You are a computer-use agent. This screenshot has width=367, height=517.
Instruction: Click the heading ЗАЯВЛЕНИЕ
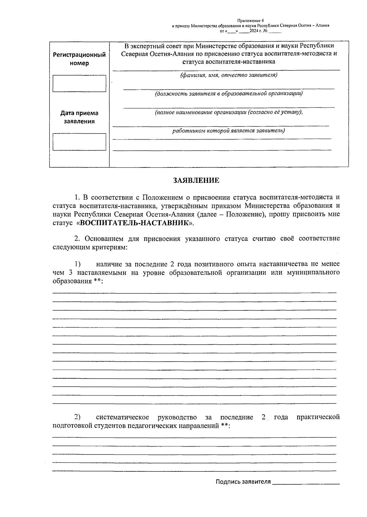tap(196, 181)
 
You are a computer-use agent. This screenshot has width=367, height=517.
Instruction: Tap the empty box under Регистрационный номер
tap(79, 84)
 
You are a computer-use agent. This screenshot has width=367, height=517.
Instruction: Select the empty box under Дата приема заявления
tap(79, 142)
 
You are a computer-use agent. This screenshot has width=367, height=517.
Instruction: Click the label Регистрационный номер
tap(79, 59)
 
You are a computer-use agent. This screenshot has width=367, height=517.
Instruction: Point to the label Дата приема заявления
tap(79, 117)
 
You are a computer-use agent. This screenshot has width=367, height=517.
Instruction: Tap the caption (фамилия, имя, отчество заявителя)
tap(229, 75)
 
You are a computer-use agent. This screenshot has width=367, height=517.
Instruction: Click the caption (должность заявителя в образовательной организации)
tap(229, 94)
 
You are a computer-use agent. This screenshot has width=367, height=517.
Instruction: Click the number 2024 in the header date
tap(254, 31)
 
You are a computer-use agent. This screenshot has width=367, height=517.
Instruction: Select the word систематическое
tap(122, 418)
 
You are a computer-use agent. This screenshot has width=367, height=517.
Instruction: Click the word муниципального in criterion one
tap(313, 272)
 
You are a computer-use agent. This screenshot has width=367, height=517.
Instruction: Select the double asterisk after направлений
tap(224, 426)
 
